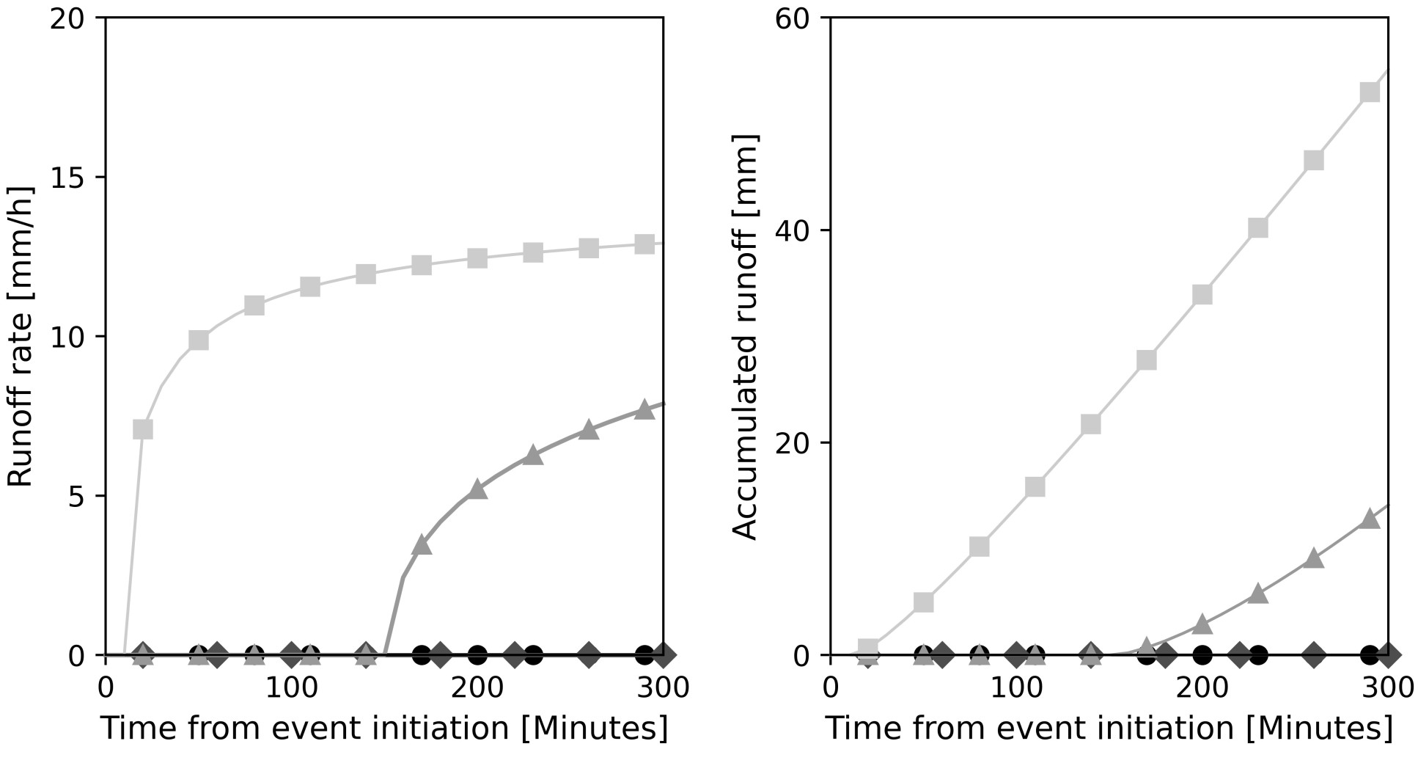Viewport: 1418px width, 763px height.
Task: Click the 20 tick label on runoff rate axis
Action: [67, 18]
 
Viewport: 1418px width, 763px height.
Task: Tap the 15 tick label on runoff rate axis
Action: [67, 177]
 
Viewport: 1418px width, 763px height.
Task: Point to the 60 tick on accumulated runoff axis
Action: [792, 18]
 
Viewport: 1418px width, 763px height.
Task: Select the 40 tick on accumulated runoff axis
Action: [792, 230]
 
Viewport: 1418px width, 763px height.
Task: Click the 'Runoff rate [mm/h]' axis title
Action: [21, 336]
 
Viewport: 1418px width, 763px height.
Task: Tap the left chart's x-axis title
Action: [384, 729]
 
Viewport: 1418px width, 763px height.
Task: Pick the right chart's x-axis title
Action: [1109, 729]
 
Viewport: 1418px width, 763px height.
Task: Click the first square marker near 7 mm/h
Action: [143, 428]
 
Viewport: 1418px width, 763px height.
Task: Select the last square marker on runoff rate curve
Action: [644, 244]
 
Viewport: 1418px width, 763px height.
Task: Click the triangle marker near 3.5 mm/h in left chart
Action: [422, 544]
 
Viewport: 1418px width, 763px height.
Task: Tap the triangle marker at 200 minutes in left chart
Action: [477, 489]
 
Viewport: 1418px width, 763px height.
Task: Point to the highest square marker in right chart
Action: [1370, 92]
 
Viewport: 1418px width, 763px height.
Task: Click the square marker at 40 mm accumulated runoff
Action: [1258, 227]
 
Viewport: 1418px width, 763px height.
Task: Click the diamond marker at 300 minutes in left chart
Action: [663, 654]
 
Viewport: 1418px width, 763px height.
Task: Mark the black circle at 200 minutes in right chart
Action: [1202, 654]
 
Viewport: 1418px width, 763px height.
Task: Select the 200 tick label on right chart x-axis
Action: [1202, 689]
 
